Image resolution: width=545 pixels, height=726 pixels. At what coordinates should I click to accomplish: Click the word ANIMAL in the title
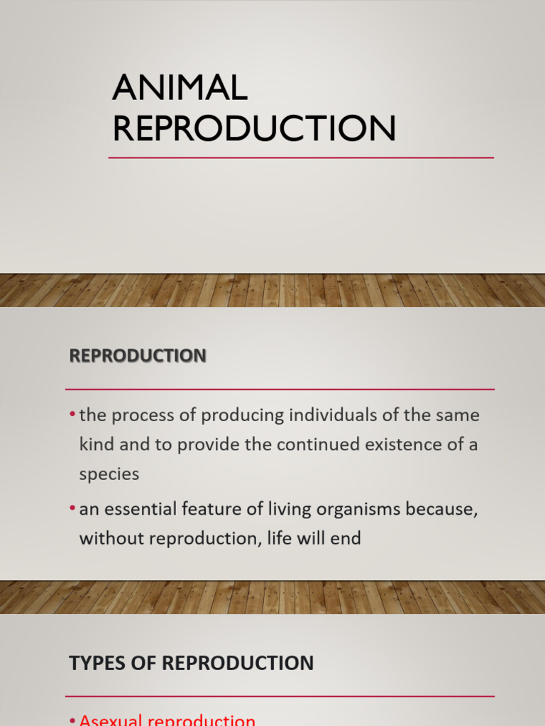[180, 88]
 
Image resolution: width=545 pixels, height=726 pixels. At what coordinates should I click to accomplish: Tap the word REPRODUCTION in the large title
[253, 128]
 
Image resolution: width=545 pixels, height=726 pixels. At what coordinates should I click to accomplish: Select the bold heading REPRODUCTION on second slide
[138, 355]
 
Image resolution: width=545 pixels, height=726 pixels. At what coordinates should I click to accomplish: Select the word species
[109, 474]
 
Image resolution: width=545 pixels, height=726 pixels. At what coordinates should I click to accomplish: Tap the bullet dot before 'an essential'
[72, 508]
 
